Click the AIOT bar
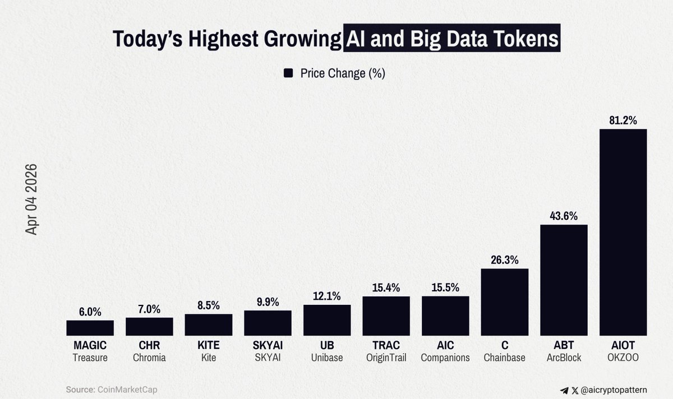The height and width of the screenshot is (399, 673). [x=623, y=232]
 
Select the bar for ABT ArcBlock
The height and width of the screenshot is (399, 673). [x=564, y=280]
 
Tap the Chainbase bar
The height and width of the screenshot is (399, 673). [x=505, y=302]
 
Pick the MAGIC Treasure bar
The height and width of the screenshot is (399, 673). [x=90, y=328]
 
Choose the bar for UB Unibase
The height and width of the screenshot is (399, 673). [x=327, y=320]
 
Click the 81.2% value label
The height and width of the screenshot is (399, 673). [x=623, y=120]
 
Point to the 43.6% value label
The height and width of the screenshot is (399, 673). [x=564, y=216]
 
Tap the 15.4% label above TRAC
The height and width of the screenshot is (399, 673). [x=386, y=287]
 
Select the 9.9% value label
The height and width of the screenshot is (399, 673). [x=268, y=302]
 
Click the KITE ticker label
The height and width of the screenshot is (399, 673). [x=208, y=345]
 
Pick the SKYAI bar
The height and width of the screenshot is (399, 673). [x=268, y=323]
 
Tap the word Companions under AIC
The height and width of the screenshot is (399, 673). [x=445, y=358]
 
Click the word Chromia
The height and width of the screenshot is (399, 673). [x=149, y=358]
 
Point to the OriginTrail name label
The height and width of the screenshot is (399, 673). [x=386, y=358]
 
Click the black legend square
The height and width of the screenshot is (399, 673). [x=289, y=73]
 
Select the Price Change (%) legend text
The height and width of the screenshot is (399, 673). [x=343, y=73]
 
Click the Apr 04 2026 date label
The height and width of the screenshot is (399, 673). [x=31, y=199]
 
